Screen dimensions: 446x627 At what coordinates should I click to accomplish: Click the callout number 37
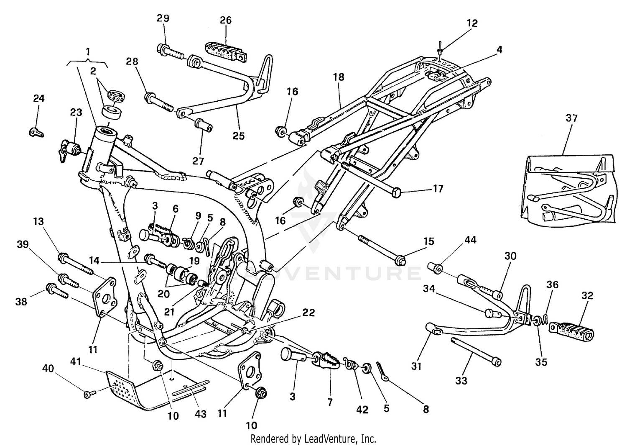571,118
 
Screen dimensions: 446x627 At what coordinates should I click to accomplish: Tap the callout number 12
472,23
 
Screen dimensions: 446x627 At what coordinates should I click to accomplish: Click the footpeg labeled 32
572,330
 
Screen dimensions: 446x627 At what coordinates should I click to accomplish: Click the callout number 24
38,99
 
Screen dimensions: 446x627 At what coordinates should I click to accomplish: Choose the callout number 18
339,77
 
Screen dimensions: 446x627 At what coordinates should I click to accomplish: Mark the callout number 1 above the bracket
88,52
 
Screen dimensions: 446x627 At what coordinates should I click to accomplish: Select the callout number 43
201,414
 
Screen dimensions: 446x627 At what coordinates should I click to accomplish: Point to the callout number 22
309,313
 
